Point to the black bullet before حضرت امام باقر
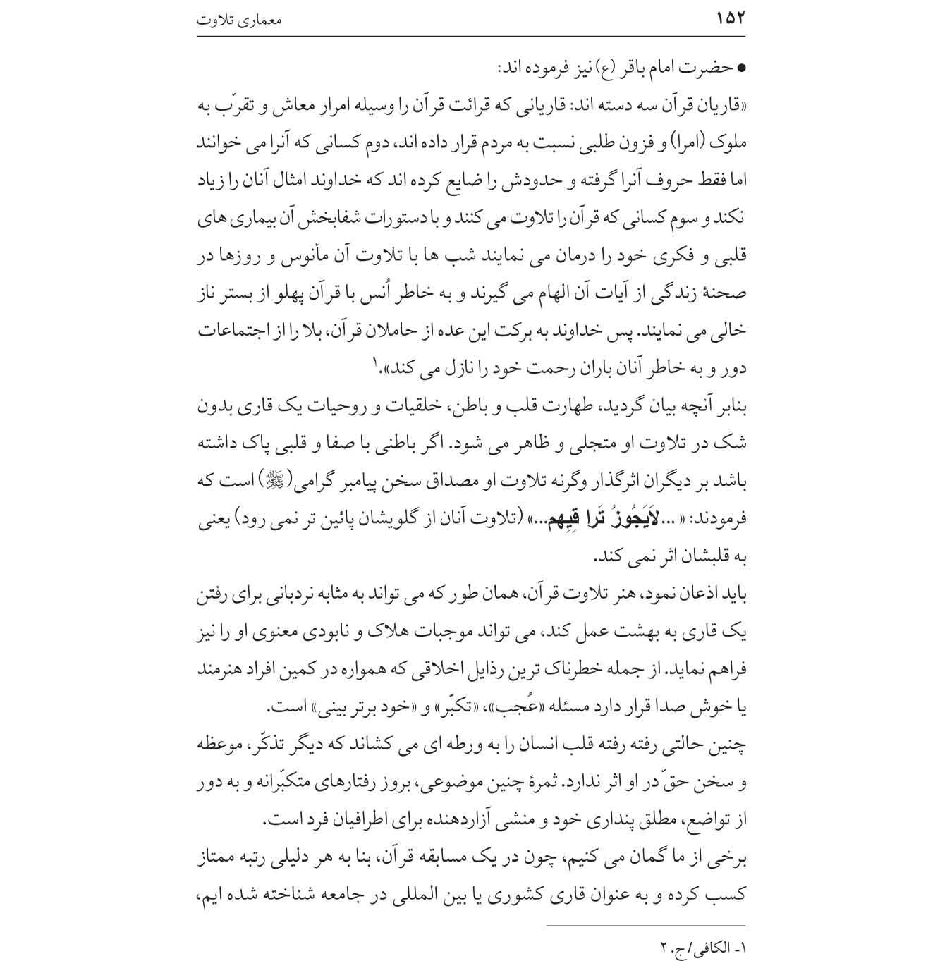(740, 69)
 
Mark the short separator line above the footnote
(645, 926)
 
